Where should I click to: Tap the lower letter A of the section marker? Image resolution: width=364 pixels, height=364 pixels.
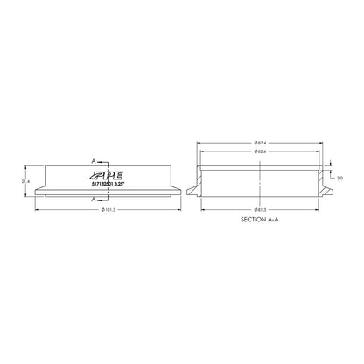click(x=93, y=199)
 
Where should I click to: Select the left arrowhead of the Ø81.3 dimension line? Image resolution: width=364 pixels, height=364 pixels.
click(x=203, y=210)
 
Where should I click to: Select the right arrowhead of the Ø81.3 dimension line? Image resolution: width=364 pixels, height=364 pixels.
click(x=318, y=210)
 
